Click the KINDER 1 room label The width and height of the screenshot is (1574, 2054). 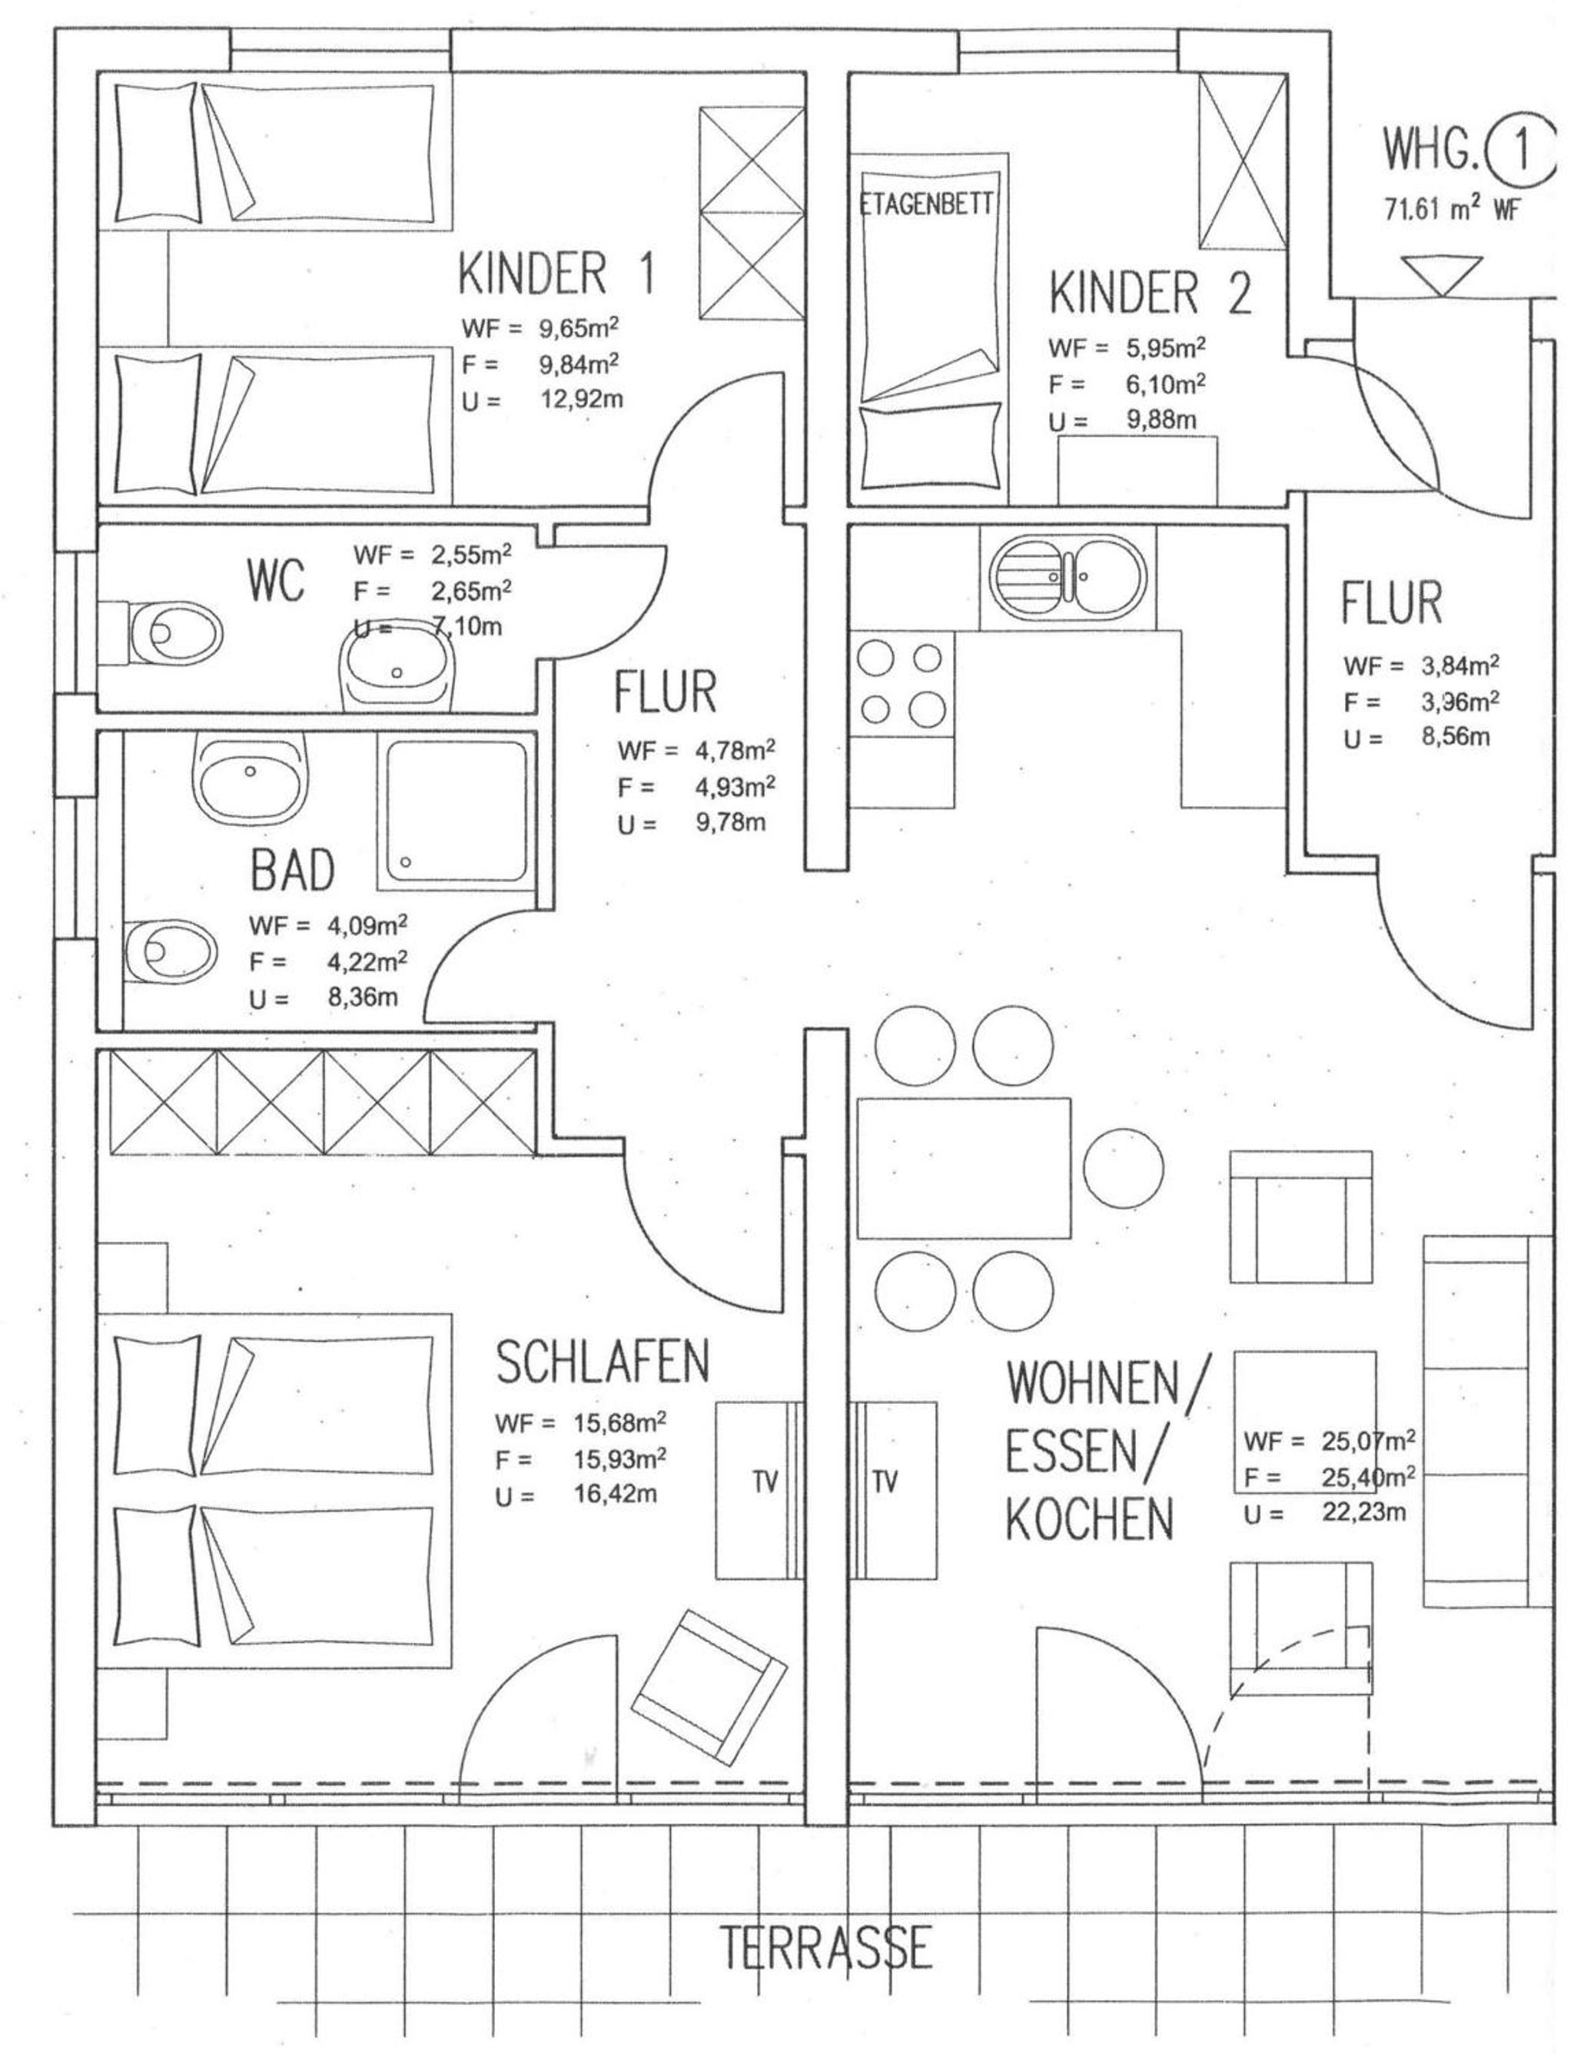(x=556, y=271)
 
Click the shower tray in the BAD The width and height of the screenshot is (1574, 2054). (x=455, y=812)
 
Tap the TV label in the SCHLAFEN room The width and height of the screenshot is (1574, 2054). (x=765, y=1482)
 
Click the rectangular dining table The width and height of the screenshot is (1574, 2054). (x=964, y=1169)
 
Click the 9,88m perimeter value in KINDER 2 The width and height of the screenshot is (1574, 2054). (x=1161, y=420)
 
